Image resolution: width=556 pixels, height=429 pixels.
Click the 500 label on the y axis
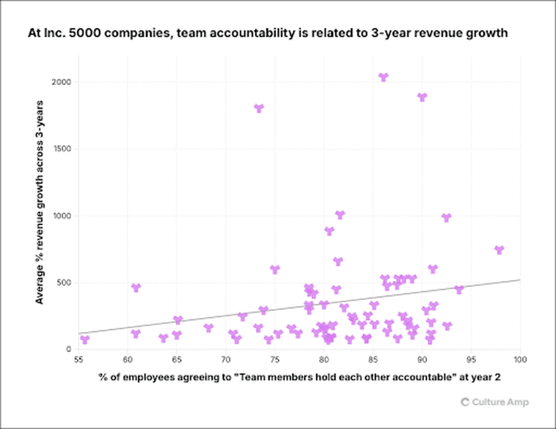(64, 282)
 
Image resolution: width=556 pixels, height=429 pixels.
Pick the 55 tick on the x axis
(78, 360)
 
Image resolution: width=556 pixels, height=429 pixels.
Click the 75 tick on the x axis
(274, 360)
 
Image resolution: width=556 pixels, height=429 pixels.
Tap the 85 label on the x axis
(373, 360)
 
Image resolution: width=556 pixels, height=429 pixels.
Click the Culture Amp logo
(489, 402)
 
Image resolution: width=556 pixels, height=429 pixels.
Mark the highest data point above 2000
(383, 77)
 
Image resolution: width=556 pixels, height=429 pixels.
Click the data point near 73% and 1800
(259, 108)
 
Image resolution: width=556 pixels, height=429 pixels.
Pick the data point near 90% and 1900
(423, 97)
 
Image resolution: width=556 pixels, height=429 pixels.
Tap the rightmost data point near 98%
(499, 250)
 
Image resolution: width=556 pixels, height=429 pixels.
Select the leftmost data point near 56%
(85, 339)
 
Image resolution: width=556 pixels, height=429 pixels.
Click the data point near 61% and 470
(136, 287)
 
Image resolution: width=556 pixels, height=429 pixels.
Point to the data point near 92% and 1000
(446, 218)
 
